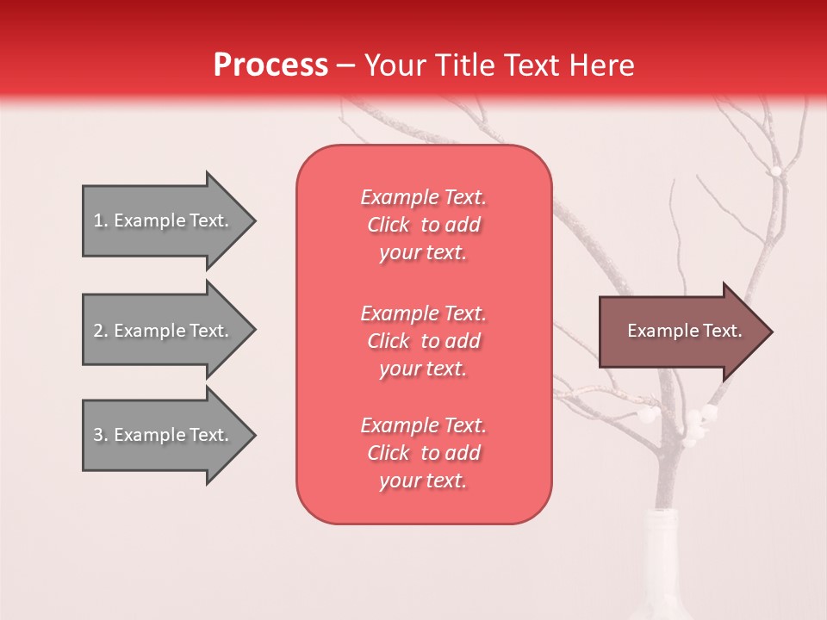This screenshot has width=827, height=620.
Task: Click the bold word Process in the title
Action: tap(270, 65)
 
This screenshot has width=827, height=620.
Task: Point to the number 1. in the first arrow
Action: tap(101, 220)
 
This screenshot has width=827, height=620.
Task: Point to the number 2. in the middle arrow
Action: tap(101, 331)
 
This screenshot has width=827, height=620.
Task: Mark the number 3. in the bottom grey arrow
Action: tap(101, 435)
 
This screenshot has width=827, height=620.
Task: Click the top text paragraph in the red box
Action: tap(423, 225)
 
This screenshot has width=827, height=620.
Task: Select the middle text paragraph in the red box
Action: tap(423, 341)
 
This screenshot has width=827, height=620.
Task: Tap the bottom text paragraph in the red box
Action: tap(423, 453)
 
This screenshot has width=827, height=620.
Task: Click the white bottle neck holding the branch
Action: tap(667, 534)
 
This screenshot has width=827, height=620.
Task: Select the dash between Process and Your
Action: tap(346, 66)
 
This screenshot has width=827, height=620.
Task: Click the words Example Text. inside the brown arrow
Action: tap(685, 331)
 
